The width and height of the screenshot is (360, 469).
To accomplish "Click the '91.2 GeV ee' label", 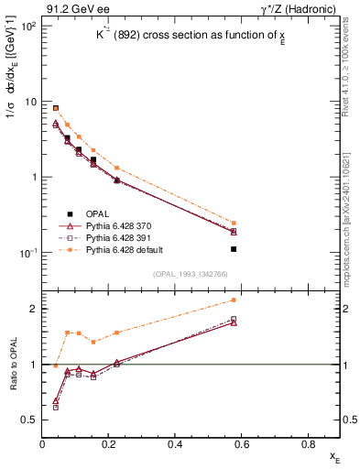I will pyautogui.click(x=70, y=8).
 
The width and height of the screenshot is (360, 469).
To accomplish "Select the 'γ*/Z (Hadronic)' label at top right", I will pyautogui.click(x=300, y=8).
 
